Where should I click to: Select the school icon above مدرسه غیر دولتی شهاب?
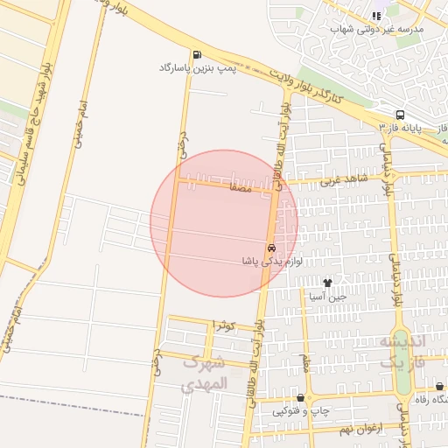(376, 16)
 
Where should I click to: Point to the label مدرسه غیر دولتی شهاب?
(376, 29)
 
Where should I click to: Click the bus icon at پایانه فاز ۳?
(400, 115)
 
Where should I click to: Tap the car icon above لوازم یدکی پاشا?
(271, 248)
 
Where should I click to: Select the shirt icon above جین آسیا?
(327, 283)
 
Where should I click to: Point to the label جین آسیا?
(327, 296)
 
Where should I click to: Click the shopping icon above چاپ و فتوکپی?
(300, 397)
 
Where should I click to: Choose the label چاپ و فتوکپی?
(300, 410)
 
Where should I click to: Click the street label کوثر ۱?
(226, 325)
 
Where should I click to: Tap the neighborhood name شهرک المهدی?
(206, 374)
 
